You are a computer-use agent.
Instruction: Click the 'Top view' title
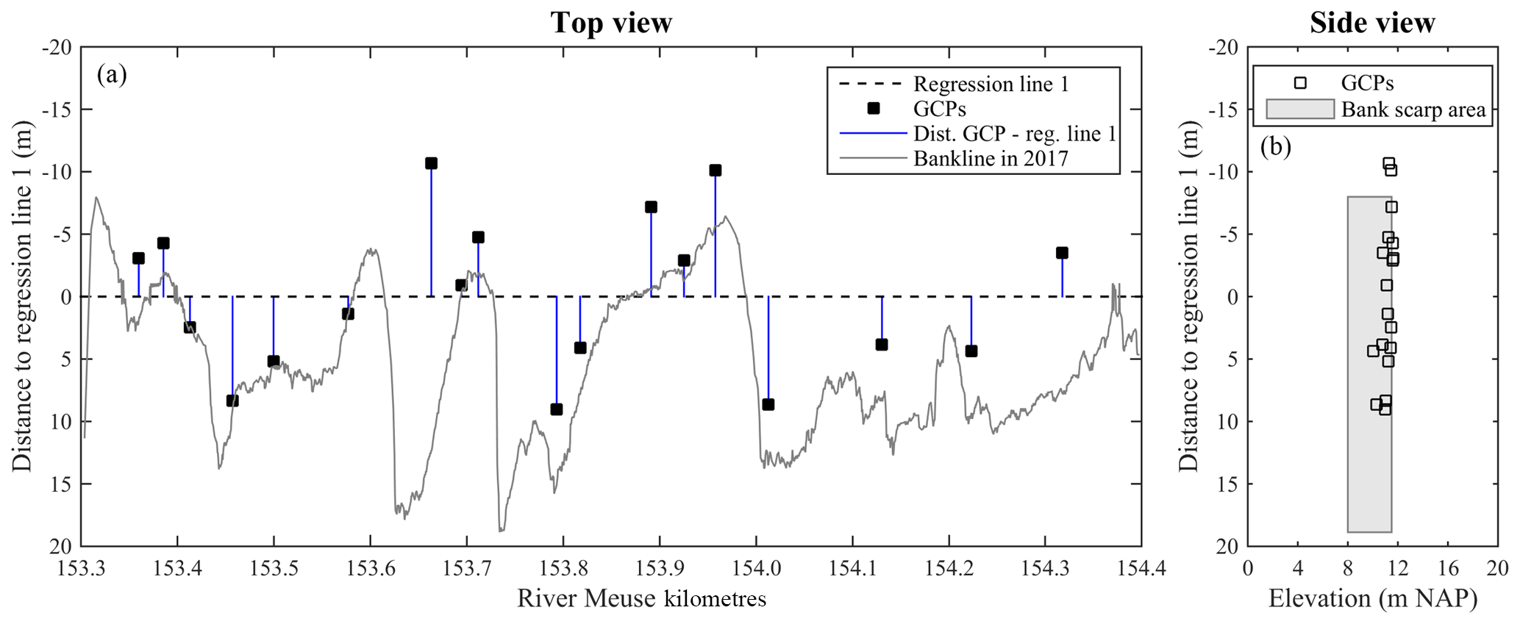[x=611, y=23]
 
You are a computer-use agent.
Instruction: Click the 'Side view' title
[x=1372, y=23]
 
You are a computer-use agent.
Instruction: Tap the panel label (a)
[x=112, y=74]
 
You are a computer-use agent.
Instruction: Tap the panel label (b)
[x=1276, y=147]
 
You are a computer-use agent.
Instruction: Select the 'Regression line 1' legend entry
[x=991, y=84]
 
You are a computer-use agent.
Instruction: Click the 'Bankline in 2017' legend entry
[x=991, y=158]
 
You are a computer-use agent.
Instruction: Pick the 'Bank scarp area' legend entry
[x=1413, y=110]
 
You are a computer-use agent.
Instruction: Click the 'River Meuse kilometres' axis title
[x=641, y=599]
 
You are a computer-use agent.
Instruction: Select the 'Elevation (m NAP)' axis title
[x=1372, y=599]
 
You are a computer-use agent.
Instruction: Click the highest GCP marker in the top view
[x=431, y=163]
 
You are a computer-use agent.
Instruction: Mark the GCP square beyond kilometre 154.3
[x=1062, y=253]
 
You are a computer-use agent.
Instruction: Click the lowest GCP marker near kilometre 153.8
[x=557, y=409]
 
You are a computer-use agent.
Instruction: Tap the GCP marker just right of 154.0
[x=768, y=404]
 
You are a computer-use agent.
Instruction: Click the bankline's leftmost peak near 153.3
[x=96, y=197]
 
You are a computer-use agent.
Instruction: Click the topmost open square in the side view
[x=1388, y=163]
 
